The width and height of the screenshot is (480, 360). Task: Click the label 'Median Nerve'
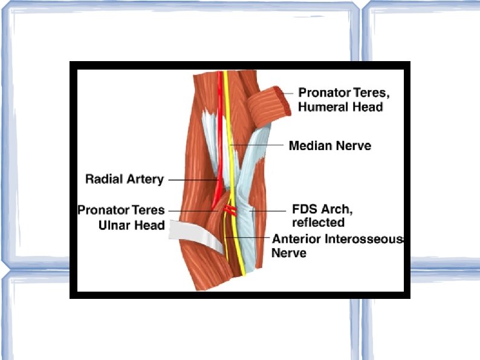(x=329, y=146)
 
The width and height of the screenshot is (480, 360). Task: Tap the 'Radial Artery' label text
(x=125, y=179)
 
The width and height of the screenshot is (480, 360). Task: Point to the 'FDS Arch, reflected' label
(x=322, y=216)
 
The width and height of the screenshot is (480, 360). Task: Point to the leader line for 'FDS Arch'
(x=269, y=211)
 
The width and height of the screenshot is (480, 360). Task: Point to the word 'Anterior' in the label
(x=296, y=239)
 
